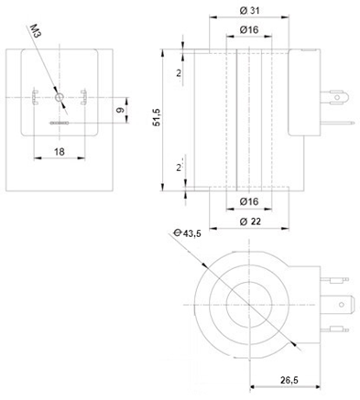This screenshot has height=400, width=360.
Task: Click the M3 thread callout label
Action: [x=36, y=31]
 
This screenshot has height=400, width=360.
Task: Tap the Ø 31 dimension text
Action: [x=249, y=11]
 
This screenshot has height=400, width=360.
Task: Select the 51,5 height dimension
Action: [x=157, y=118]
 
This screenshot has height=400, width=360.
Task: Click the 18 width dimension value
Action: [x=60, y=152]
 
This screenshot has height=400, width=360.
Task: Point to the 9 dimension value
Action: [x=121, y=110]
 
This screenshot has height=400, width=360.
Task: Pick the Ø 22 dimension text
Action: [x=250, y=222]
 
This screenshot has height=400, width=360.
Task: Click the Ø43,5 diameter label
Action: [x=187, y=233]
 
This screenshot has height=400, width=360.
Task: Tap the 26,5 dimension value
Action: [x=289, y=380]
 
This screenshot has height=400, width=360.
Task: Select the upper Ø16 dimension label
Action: [x=249, y=29]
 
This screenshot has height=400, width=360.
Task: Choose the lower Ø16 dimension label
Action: [x=249, y=201]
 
